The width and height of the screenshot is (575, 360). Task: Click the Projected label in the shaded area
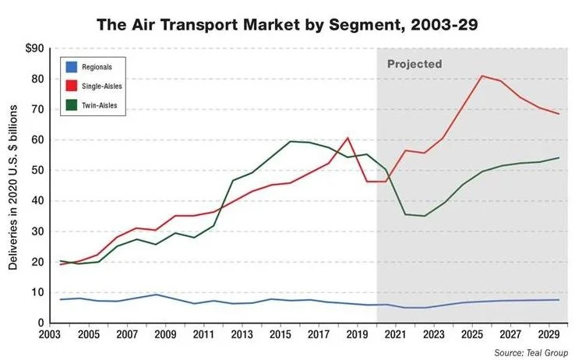coord(414,64)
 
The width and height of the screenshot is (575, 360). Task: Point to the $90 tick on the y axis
coord(35,48)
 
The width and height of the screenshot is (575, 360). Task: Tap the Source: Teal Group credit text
coord(531,353)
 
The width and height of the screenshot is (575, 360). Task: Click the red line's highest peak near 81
coord(482,76)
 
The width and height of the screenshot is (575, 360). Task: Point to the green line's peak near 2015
coord(290,141)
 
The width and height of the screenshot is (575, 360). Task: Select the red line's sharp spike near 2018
coord(348,138)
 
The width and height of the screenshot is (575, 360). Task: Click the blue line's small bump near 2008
coord(157,295)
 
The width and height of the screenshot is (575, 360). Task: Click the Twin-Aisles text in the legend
coord(99,105)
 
